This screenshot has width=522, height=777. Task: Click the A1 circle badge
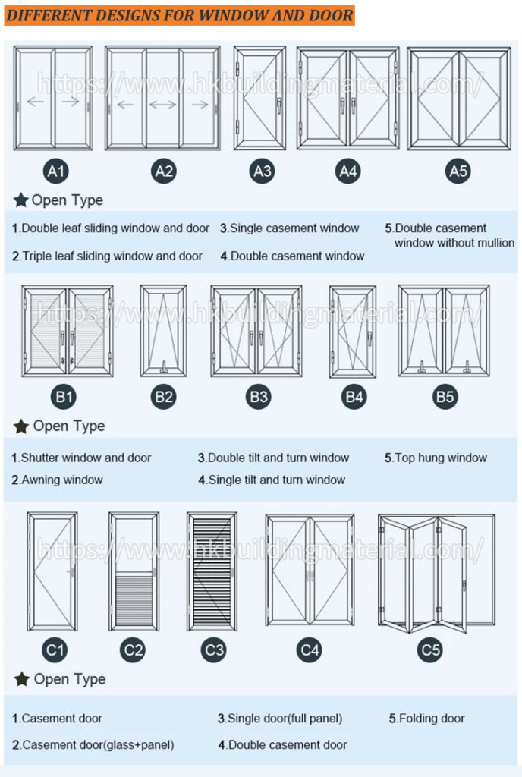pos(56,171)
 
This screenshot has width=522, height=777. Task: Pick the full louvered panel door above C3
pos(212,571)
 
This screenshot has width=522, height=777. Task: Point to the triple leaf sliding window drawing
pos(163,99)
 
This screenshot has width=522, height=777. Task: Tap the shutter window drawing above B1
pos(68,331)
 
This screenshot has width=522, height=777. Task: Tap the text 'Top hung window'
pos(440,458)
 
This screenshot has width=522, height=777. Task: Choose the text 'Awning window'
pos(61,480)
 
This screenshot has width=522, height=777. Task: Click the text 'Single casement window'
pos(294,228)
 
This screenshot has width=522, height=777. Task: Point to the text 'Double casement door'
pos(287,745)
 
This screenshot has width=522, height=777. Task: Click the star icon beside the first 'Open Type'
pos(21,200)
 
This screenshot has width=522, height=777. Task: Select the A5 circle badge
pos(458,171)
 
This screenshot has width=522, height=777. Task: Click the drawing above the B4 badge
pos(352,331)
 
